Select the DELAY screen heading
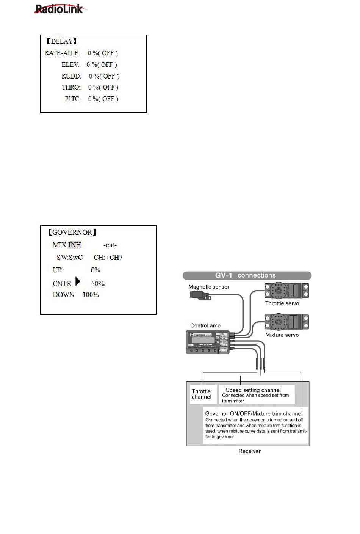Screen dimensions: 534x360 coord(62,41)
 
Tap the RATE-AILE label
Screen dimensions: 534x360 coord(62,53)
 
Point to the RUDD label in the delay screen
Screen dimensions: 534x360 coord(71,76)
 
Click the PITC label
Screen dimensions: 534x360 coord(73,99)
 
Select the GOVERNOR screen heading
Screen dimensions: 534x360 coord(72,232)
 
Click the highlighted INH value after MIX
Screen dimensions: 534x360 coord(75,245)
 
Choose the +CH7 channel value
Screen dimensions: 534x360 coord(113,258)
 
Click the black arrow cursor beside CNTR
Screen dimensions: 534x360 coord(78,281)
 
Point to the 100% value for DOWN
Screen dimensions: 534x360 coord(91,295)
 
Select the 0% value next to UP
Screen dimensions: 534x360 coord(95,270)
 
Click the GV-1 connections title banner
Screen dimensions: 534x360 coord(247,276)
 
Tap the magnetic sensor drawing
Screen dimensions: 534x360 coord(199,295)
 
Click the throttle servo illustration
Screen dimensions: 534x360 coord(286,291)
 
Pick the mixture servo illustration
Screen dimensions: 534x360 coord(286,322)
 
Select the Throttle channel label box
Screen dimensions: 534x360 coord(202,394)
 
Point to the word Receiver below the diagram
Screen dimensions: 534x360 coord(249,451)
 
